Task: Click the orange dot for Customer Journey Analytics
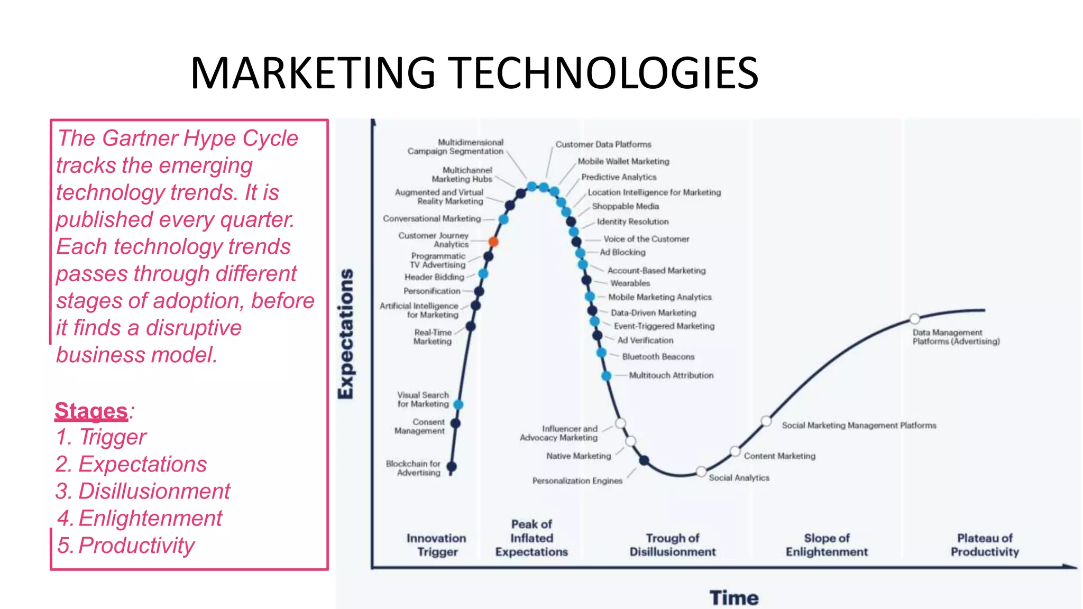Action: [493, 242]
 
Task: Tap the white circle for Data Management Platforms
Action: [915, 319]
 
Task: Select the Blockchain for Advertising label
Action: [413, 468]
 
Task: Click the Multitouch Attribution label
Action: [671, 375]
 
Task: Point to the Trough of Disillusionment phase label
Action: [673, 545]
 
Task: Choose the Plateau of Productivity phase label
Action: [985, 545]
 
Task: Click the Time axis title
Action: [734, 598]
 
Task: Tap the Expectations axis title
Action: [346, 334]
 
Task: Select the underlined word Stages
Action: [91, 411]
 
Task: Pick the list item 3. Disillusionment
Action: [143, 491]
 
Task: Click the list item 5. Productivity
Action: [126, 546]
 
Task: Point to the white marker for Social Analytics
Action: [701, 471]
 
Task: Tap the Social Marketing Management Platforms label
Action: [859, 425]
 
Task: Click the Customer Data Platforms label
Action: [603, 144]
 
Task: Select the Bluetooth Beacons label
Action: [658, 357]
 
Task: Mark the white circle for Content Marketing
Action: [735, 451]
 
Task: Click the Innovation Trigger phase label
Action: [437, 545]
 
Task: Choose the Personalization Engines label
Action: [577, 481]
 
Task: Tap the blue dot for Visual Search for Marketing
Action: [458, 404]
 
